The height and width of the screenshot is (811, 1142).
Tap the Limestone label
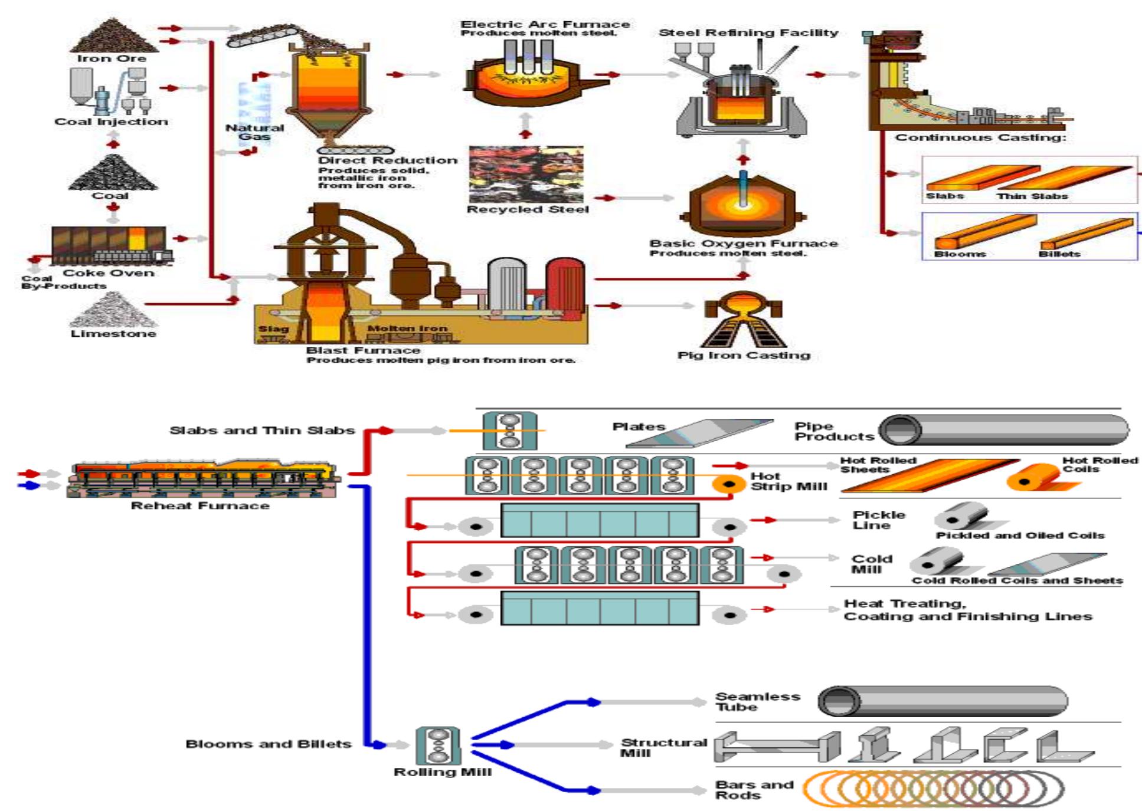pos(113,333)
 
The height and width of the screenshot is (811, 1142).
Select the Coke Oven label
pos(109,272)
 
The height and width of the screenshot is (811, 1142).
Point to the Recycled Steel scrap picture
pos(526,174)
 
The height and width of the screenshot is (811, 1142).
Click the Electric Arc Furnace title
pos(545,24)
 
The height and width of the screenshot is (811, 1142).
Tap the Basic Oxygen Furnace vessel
pos(743,203)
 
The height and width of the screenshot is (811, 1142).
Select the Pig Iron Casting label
pos(744,355)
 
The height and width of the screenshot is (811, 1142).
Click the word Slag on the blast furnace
pos(273,329)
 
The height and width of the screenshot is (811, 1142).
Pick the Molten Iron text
pos(407,328)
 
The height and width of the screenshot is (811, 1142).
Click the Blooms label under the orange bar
pos(960,254)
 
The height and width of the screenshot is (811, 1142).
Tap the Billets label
pos(1059,254)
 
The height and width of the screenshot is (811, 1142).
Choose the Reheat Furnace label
pos(200,505)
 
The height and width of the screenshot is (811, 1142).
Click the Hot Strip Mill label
pos(788,481)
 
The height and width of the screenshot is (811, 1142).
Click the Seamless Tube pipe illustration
pos(942,701)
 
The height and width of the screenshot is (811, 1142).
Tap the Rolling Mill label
pos(442,772)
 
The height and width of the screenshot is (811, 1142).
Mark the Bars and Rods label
pos(754,790)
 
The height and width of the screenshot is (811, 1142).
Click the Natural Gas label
pos(254,132)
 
